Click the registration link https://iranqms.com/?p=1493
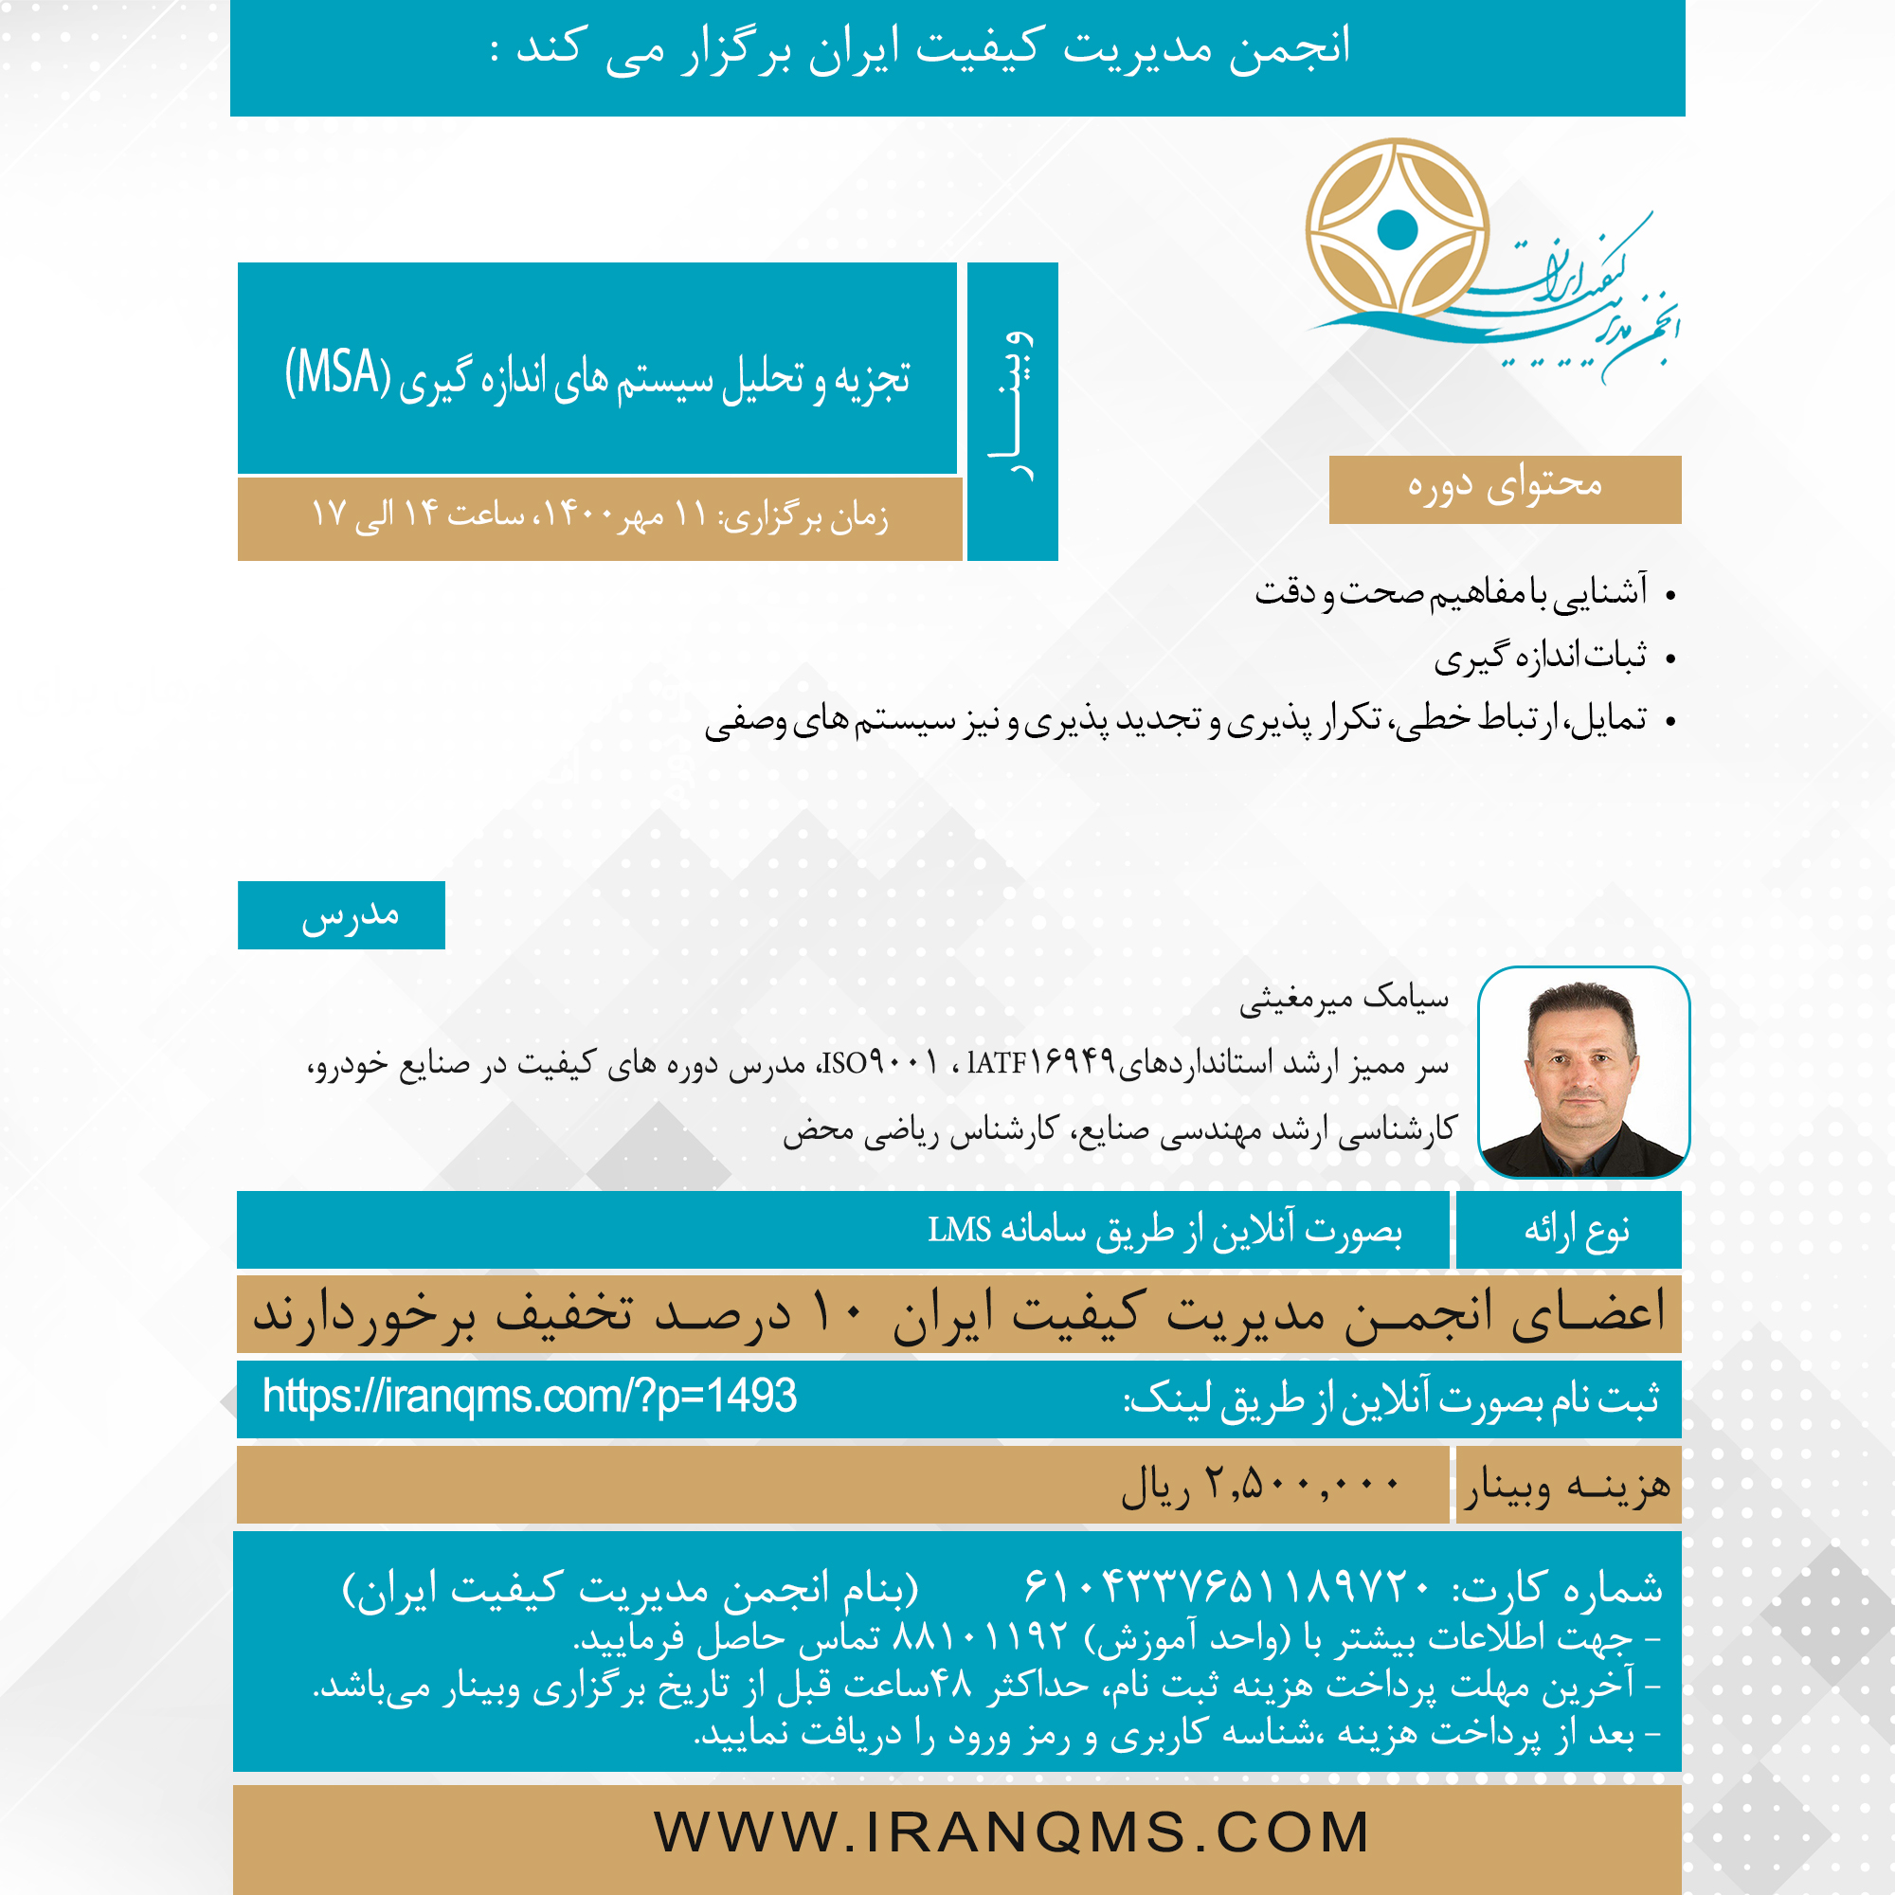[530, 1396]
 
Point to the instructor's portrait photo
[1583, 1072]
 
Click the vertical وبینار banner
[1012, 411]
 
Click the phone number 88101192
[980, 1635]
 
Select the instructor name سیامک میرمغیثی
[1344, 999]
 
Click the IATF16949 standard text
[1041, 1061]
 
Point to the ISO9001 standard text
[879, 1061]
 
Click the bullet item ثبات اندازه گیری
[1540, 657]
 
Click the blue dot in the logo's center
[1397, 229]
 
